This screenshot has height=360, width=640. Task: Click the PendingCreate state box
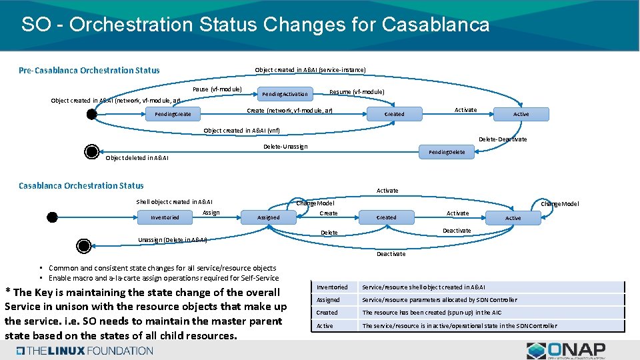tap(173, 114)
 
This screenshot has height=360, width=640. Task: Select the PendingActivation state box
tap(285, 94)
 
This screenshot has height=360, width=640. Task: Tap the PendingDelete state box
tap(447, 152)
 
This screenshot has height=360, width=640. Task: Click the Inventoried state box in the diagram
tap(165, 217)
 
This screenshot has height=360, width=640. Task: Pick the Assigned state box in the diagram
tap(269, 217)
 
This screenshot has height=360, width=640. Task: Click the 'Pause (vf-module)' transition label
tap(217, 89)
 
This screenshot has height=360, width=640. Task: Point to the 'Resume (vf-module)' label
tap(357, 91)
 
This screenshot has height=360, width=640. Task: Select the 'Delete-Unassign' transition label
tap(285, 146)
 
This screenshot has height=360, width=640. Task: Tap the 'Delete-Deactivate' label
tap(503, 139)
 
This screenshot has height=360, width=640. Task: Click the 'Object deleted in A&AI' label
tap(137, 158)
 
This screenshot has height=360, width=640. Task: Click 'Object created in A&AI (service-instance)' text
tap(310, 70)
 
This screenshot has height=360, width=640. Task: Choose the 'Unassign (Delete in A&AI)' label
tap(172, 239)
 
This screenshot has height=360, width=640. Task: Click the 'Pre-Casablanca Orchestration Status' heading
tap(89, 70)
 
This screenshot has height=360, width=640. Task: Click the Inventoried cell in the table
tap(332, 287)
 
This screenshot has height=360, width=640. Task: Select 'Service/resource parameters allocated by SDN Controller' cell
tap(439, 300)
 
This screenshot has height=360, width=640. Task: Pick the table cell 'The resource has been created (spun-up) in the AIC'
tap(431, 313)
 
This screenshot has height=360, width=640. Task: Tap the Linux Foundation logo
tap(85, 351)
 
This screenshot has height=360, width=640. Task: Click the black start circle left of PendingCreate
tap(91, 114)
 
